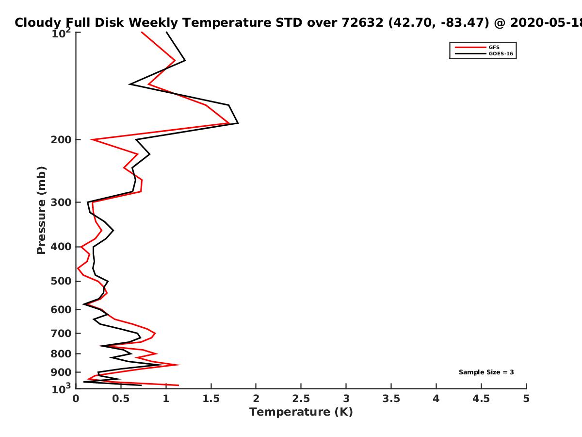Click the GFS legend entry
[x=477, y=47]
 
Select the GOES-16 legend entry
[x=484, y=53]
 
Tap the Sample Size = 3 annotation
[x=486, y=372]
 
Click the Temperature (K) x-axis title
[x=301, y=412]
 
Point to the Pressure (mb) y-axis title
[x=41, y=210]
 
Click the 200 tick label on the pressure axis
[x=61, y=139]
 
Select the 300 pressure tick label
[x=61, y=202]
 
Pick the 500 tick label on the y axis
[x=61, y=281]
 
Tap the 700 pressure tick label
[x=61, y=333]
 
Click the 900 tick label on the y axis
[x=61, y=372]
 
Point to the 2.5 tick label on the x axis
[x=301, y=399]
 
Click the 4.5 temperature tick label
[x=481, y=399]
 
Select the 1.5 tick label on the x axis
[x=211, y=399]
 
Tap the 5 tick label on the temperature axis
[x=526, y=399]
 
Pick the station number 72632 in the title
[x=362, y=22]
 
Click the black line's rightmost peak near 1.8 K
[x=238, y=123]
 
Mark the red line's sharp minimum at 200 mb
[x=91, y=139]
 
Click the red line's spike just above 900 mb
[x=179, y=365]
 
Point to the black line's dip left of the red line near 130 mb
[x=129, y=84]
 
